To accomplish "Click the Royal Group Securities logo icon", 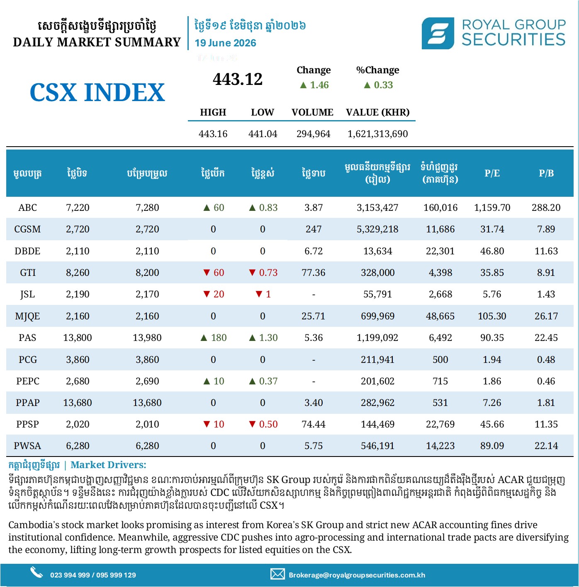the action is point(438,33).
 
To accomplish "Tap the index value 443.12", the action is point(237,79).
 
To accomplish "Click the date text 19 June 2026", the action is point(226,43).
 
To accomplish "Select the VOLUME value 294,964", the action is point(313,134).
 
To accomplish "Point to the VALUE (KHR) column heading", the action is point(378,112).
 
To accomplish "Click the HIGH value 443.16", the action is point(213,134).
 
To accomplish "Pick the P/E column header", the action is point(492,173).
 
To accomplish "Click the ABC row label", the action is point(27,208).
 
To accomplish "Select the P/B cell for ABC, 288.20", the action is point(546,208).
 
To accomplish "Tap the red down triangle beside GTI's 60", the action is point(207,272).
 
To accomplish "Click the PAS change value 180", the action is point(219,338).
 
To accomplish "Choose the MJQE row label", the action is point(27,316).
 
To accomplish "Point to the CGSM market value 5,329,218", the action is point(378,229).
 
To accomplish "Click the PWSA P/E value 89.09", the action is point(492,446).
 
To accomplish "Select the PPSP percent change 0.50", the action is point(268,424).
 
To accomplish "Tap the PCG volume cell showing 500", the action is point(440,360).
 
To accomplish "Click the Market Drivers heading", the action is point(108,465).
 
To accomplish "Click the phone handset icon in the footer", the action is point(36,573).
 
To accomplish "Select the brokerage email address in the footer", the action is point(357,575).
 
